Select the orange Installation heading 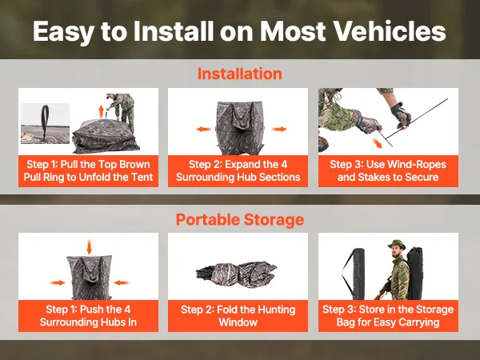click(240, 74)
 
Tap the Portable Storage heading click(240, 219)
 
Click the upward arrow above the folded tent click(102, 110)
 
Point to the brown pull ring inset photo click(45, 123)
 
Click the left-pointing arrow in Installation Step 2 click(203, 129)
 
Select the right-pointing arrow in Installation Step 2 click(279, 129)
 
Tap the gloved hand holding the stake click(401, 115)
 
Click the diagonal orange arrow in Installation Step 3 click(377, 142)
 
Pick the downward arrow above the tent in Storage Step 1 click(89, 247)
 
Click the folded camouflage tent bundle click(236, 271)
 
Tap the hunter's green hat click(397, 244)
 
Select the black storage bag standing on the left click(354, 274)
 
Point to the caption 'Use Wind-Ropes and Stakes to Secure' click(388, 170)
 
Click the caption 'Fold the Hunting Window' click(238, 316)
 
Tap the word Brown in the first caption click(134, 164)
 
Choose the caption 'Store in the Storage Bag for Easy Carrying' click(388, 316)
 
